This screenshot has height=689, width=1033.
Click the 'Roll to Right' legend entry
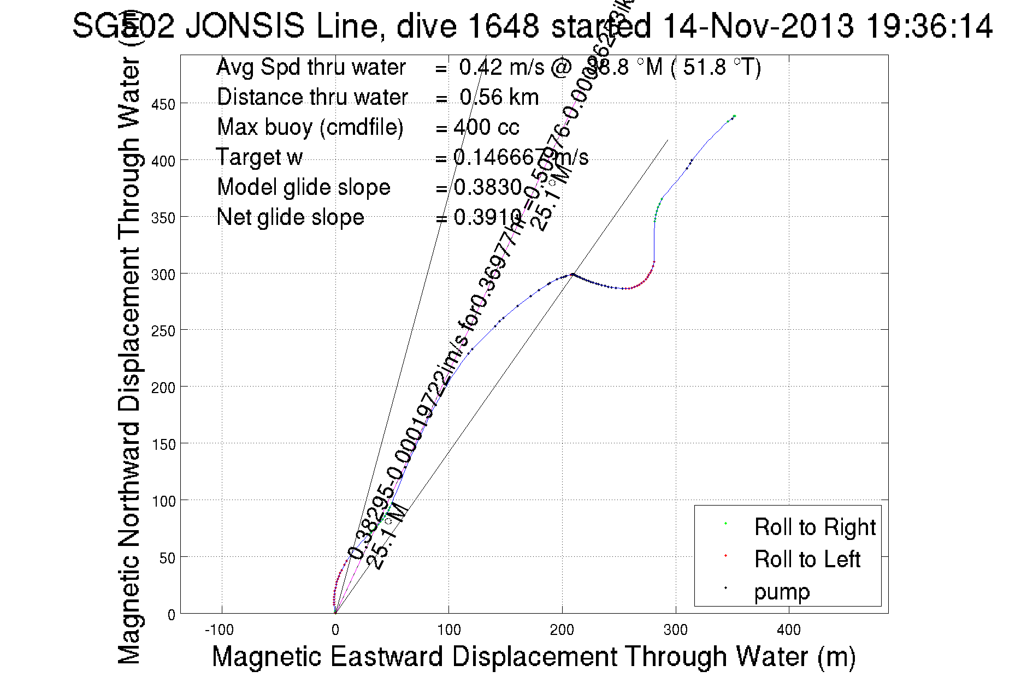(814, 527)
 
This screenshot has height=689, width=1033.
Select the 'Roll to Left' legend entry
(807, 559)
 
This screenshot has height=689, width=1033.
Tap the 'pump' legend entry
(782, 592)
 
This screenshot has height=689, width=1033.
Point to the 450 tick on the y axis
(163, 104)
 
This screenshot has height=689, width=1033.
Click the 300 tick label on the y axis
(163, 274)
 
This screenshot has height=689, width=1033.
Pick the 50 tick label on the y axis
(167, 557)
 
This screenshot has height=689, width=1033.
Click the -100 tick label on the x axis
(219, 630)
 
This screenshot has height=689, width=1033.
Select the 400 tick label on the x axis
(789, 630)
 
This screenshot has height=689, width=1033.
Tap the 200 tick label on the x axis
(562, 630)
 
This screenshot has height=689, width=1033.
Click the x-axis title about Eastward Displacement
(533, 656)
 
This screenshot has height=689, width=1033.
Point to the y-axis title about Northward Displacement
(129, 360)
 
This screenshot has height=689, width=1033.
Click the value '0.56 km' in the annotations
(499, 97)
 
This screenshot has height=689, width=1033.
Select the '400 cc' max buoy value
(486, 127)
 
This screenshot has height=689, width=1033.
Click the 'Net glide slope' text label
(290, 217)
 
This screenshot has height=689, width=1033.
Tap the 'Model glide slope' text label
(304, 187)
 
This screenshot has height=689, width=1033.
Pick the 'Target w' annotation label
(259, 157)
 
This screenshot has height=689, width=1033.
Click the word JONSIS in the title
(245, 26)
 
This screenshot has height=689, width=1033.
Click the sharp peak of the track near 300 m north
(572, 274)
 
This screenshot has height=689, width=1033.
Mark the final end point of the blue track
(735, 116)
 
